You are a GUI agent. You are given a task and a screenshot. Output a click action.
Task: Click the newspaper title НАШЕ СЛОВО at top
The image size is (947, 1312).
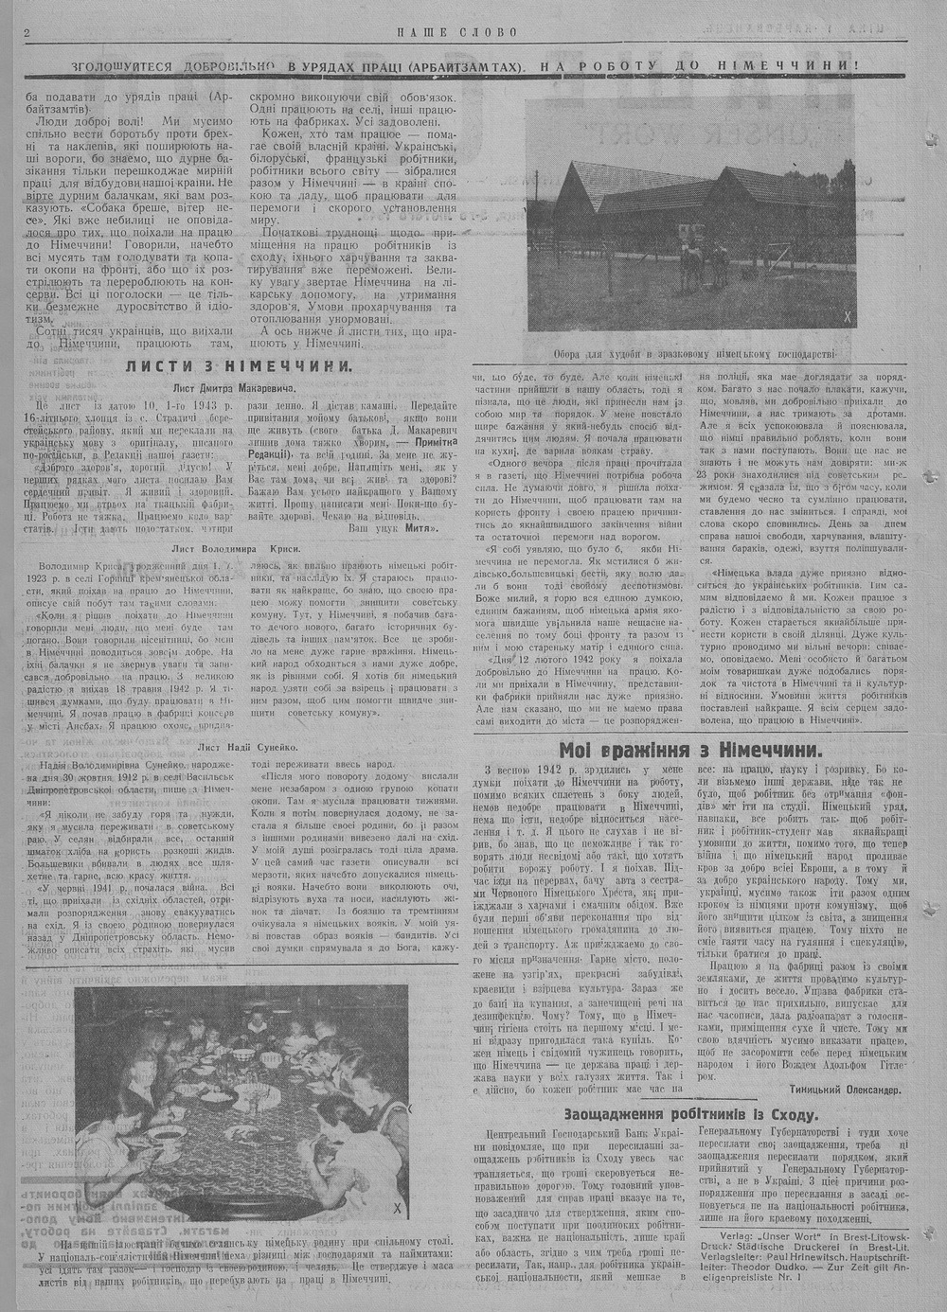(457, 32)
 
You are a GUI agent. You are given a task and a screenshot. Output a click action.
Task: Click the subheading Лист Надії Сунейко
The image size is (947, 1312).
(236, 719)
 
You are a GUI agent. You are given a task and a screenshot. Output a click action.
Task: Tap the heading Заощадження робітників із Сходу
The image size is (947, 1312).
(690, 1114)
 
